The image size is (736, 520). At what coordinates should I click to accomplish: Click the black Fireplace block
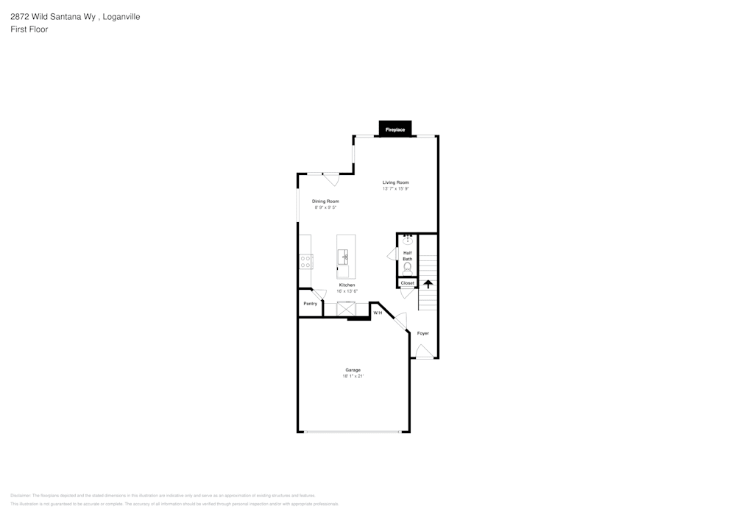pos(395,129)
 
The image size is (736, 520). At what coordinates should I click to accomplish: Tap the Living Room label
pos(395,182)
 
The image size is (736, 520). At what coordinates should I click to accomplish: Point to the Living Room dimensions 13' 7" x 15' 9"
pos(395,189)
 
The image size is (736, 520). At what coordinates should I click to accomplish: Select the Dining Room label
pos(325,201)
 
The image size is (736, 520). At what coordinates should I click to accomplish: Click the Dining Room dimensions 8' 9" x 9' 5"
pos(325,207)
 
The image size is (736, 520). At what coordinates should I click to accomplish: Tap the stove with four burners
pos(306,262)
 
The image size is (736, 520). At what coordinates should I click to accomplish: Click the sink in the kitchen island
pos(343,257)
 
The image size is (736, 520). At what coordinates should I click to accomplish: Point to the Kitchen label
pos(347,285)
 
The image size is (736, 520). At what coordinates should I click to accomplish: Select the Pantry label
pos(310,303)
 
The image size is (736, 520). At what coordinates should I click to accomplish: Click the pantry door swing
pos(320,294)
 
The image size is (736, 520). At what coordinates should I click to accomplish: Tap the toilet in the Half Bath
pos(407,268)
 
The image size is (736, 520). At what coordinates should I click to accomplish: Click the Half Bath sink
pos(407,240)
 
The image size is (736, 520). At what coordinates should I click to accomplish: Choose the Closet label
pos(407,283)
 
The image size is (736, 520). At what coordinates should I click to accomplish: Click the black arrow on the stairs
pos(428,284)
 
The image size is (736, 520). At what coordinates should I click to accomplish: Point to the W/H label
pos(378,313)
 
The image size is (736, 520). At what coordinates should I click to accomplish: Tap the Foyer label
pos(423,333)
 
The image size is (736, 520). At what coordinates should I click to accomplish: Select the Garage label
pos(353,369)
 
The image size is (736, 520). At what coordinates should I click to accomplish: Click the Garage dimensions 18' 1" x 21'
pos(353,376)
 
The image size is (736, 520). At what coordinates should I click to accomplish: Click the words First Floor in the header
pos(29,29)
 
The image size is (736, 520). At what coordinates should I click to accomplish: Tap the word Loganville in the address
pos(120,16)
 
